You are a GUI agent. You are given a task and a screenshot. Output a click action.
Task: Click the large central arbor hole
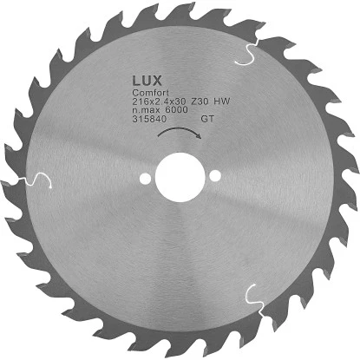[178, 180]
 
